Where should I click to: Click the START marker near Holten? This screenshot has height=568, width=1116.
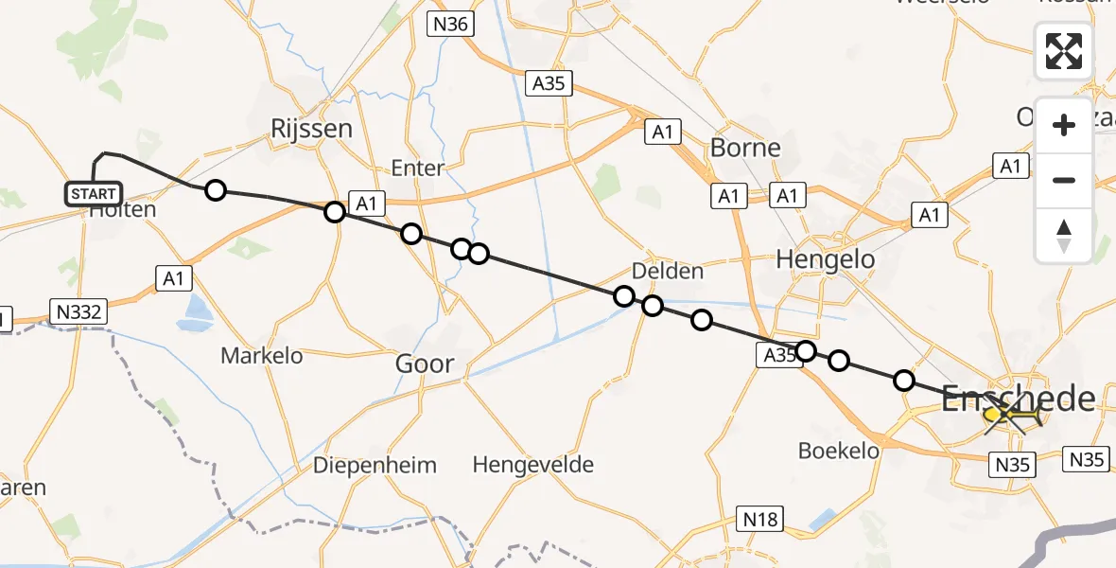[x=93, y=194]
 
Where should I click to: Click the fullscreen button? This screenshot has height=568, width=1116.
[x=1064, y=51]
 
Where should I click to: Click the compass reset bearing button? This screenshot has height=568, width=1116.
[x=1064, y=235]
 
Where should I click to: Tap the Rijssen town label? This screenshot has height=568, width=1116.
[x=311, y=129]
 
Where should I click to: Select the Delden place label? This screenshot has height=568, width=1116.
[x=667, y=271]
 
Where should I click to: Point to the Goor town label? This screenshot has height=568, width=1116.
[x=425, y=364]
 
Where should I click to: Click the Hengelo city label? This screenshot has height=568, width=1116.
[x=825, y=258]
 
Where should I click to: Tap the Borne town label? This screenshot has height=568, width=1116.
[x=745, y=148]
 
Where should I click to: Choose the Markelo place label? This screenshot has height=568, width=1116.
[x=262, y=356]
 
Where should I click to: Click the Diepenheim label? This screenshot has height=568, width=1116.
[x=375, y=465]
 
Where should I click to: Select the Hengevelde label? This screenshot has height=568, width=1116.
[x=532, y=465]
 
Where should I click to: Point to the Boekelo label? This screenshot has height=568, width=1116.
[x=839, y=451]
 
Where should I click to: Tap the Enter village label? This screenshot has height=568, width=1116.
[x=417, y=169]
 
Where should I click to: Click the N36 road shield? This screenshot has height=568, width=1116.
[x=450, y=24]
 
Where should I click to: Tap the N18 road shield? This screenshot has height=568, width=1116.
[x=760, y=518]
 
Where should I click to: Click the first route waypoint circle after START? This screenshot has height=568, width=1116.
[x=216, y=190]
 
